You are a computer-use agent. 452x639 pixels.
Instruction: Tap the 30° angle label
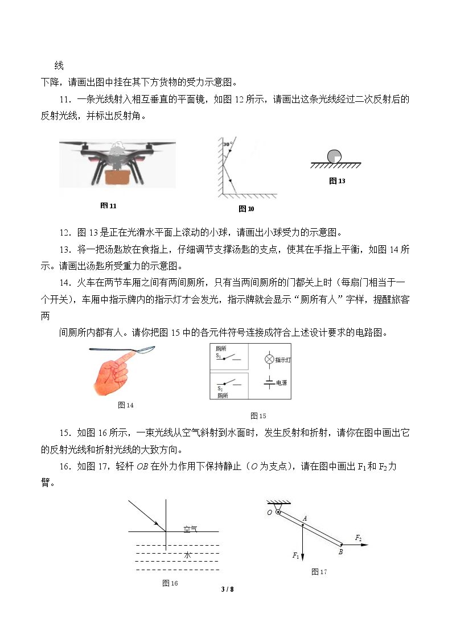pos(228,144)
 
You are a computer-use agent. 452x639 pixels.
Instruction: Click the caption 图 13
pos(337,181)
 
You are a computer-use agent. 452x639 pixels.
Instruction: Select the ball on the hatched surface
pos(334,156)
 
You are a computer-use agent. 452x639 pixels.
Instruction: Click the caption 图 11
pos(108,206)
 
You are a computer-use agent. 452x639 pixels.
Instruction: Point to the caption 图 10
pos(246,209)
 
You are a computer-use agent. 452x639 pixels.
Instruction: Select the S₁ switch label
pos(219,356)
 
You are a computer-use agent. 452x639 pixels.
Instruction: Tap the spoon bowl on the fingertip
pos(147,349)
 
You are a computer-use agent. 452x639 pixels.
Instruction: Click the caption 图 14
pos(126,405)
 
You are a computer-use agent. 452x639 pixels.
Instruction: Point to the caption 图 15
pos(258,416)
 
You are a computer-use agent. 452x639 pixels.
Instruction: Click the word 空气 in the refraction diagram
pos(190,529)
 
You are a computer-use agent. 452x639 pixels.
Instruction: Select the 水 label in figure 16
pos(188,555)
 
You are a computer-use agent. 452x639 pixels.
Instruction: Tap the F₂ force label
pos(358,538)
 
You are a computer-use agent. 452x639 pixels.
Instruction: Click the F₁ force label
pos(296,555)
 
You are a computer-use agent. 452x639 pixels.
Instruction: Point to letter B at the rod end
pos(341,552)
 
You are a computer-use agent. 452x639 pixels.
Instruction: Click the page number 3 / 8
pos(228,589)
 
